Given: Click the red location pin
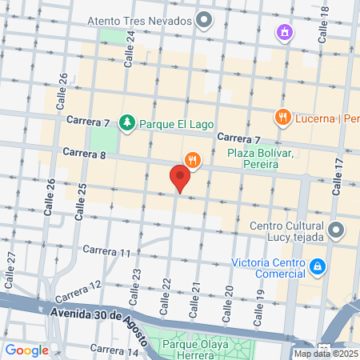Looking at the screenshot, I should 180,178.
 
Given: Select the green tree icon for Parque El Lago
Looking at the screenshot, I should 126,122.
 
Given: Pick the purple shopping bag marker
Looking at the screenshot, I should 283,33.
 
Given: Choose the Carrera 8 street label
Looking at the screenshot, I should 84,151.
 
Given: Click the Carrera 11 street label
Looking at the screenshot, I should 106,251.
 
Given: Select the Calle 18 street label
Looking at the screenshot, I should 323,26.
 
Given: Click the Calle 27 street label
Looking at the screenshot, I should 11,263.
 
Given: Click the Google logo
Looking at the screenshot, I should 26,350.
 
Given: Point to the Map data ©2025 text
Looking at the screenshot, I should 326,354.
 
